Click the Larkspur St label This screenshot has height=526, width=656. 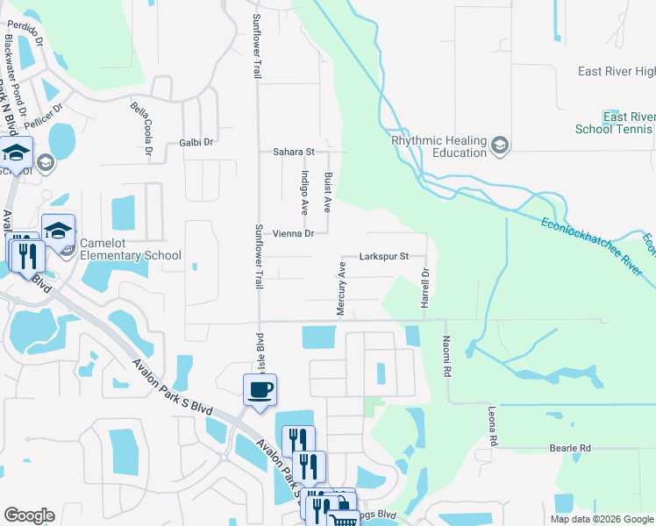point(385,257)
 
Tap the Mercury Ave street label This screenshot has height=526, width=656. point(342,287)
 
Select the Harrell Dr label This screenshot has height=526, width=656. point(424,287)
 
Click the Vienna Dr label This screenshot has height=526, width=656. point(293,234)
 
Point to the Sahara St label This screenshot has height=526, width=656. point(293,152)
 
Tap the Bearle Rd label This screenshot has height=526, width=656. point(570,448)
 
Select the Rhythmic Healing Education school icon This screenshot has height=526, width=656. point(500,145)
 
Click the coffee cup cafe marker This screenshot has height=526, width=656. point(260,389)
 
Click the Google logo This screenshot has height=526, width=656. point(29,515)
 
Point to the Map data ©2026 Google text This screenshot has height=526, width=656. point(601,519)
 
